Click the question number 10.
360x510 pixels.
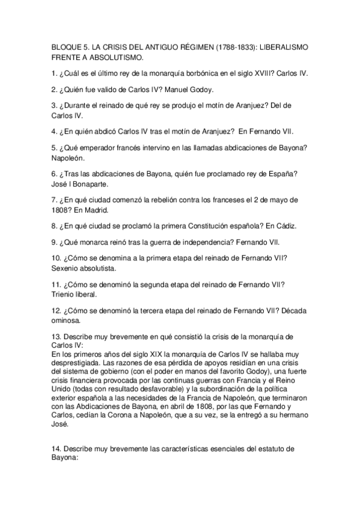[56, 258]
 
